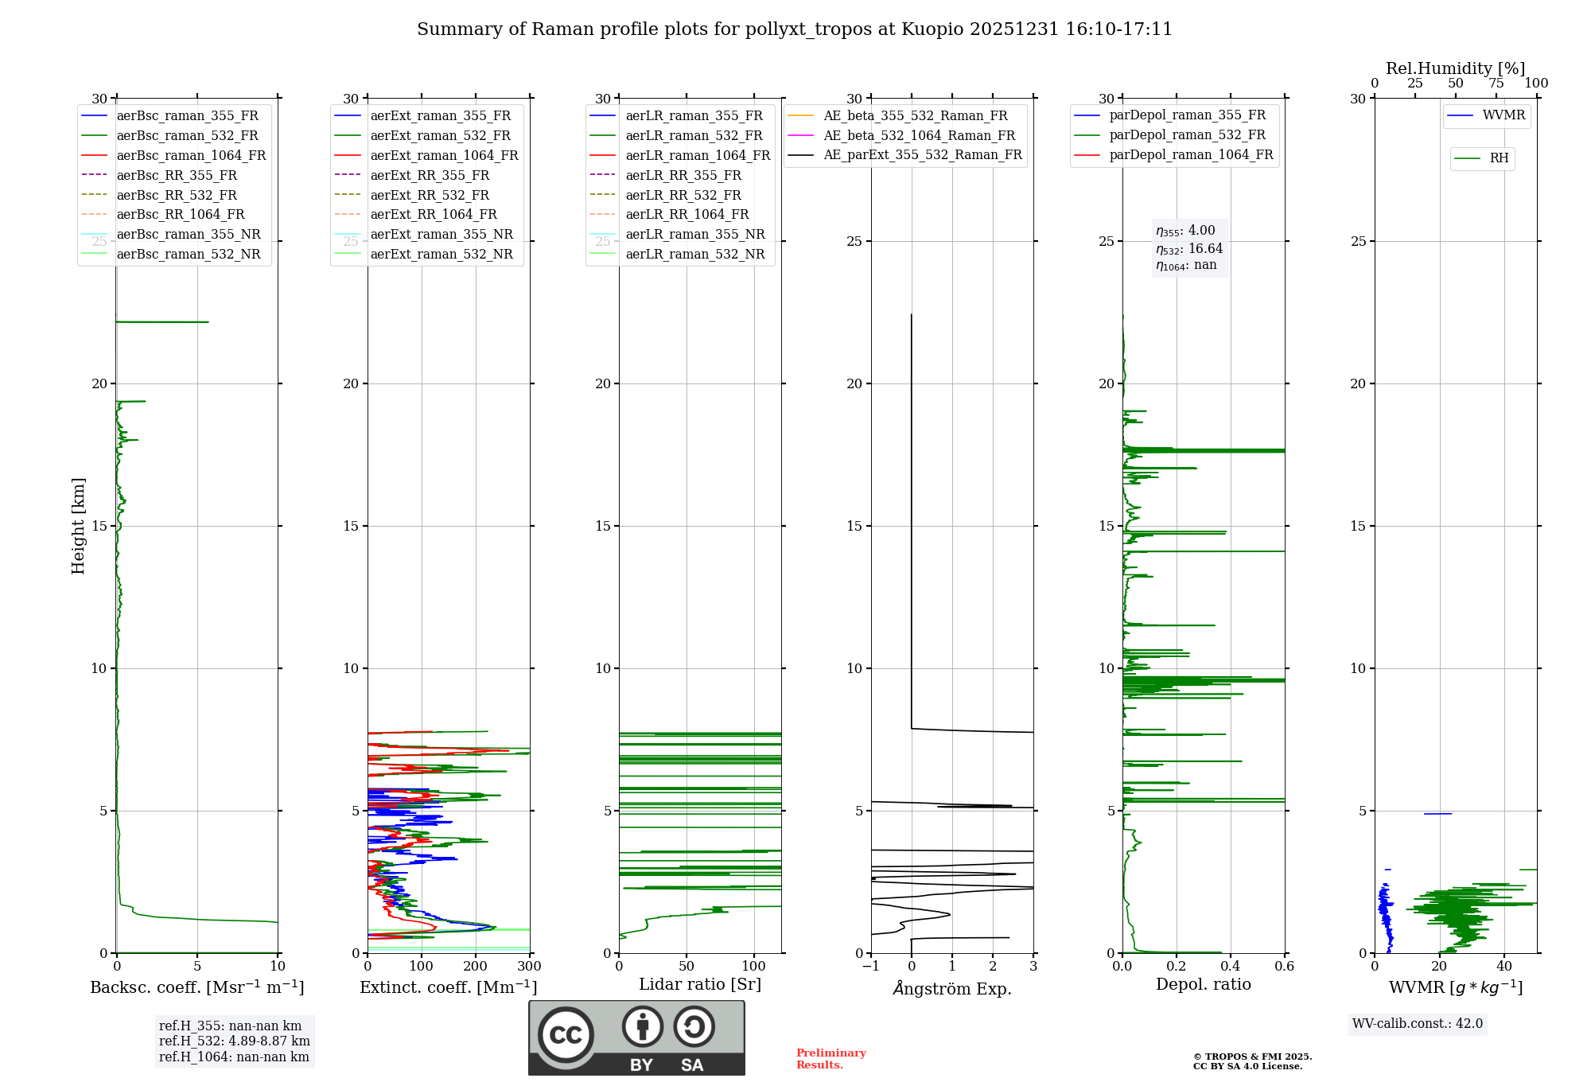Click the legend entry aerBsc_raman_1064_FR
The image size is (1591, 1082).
click(x=191, y=155)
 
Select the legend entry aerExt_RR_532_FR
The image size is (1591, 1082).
click(x=430, y=195)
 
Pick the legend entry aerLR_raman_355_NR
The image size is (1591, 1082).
click(x=694, y=234)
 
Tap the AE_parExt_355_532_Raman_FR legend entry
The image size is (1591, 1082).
click(x=922, y=154)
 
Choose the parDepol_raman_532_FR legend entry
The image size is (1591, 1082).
click(x=1187, y=135)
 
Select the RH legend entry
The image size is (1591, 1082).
click(x=1499, y=158)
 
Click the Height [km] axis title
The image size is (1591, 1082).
click(x=78, y=525)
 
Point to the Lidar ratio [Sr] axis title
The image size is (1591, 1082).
click(x=700, y=984)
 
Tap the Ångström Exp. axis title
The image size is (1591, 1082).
click(x=952, y=988)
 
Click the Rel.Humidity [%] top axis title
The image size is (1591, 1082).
click(x=1455, y=68)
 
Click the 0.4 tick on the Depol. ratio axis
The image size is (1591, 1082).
click(x=1231, y=967)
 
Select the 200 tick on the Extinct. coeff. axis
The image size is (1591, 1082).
click(x=476, y=967)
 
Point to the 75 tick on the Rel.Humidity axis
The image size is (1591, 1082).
click(x=1496, y=84)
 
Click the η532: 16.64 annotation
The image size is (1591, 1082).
click(x=1189, y=248)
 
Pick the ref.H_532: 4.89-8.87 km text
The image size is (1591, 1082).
click(x=234, y=1041)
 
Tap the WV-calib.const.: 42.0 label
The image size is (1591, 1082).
click(x=1418, y=1023)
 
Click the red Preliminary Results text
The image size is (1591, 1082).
click(x=831, y=1058)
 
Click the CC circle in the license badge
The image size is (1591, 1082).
click(x=566, y=1034)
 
